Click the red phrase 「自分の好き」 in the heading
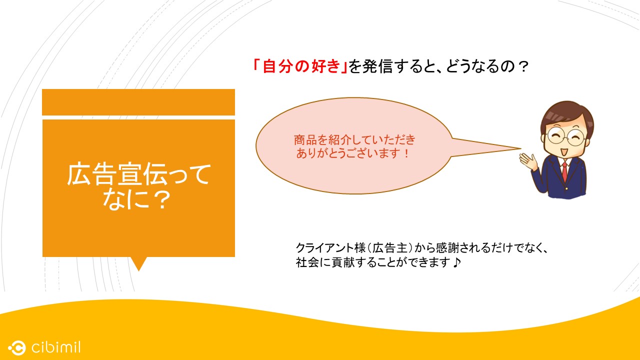[x=300, y=66]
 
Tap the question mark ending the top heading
[x=523, y=67]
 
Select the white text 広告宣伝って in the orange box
[x=139, y=174]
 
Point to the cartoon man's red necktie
[x=564, y=171]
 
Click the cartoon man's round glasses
[x=565, y=136]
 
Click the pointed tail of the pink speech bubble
[x=519, y=148]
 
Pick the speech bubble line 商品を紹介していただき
[x=354, y=139]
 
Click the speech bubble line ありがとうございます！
[x=353, y=153]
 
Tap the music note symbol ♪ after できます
[x=456, y=262]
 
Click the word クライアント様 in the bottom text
[x=331, y=247]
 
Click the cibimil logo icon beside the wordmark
[x=17, y=347]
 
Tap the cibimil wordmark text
[x=56, y=347]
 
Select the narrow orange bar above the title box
[x=138, y=102]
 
